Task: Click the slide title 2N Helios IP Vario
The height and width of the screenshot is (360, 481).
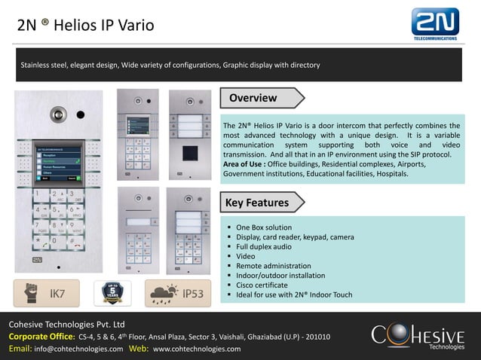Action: coord(85,26)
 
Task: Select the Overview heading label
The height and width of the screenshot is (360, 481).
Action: coord(253,98)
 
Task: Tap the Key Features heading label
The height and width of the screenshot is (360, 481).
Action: coord(257,203)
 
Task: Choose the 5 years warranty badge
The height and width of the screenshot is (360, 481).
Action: coord(112,293)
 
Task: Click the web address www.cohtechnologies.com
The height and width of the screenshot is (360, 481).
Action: coord(197,349)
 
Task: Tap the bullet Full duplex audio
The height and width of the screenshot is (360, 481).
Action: coord(264,247)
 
